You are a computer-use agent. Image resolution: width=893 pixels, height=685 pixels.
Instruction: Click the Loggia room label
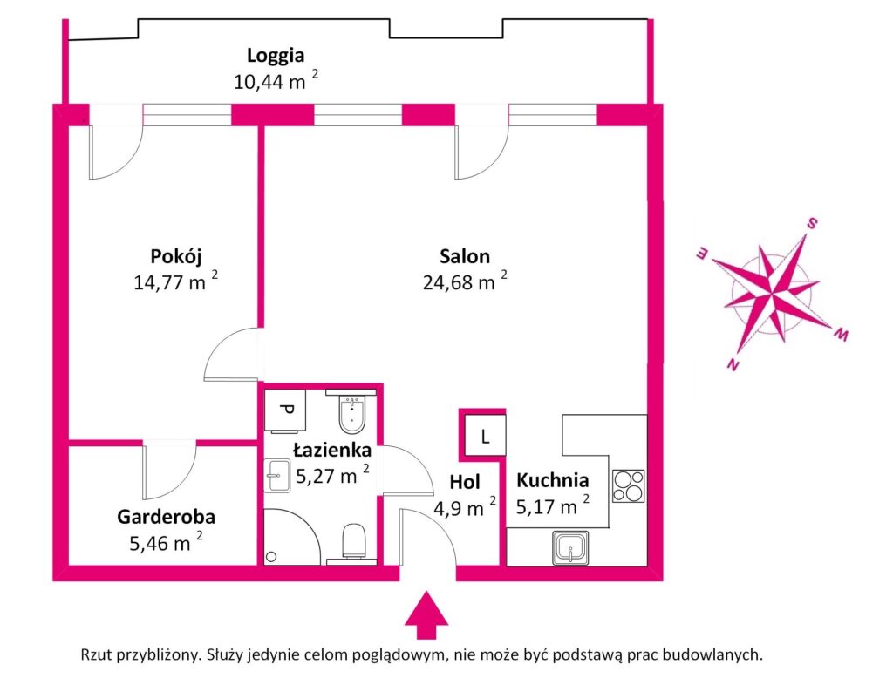point(275,57)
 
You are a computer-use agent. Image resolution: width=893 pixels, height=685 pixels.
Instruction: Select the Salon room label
point(464,257)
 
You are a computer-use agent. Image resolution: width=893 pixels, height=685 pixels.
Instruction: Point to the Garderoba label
point(166,516)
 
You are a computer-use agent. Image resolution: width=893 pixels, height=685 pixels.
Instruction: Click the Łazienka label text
point(332,451)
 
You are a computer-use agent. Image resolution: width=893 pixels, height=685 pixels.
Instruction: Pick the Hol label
point(464,482)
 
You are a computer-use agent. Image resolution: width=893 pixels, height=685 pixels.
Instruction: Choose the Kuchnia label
point(552,479)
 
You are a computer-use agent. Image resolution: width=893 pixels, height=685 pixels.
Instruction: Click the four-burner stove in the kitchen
point(628,485)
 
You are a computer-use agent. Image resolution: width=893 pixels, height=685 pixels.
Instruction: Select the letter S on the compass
point(811,223)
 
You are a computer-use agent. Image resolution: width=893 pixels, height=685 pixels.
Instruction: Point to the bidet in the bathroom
point(352,416)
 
